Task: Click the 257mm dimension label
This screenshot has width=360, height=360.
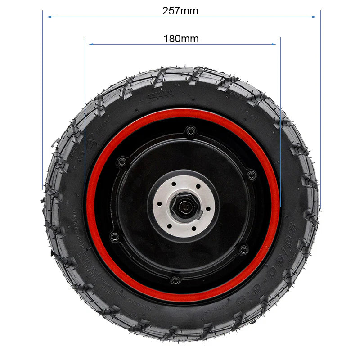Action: (180, 11)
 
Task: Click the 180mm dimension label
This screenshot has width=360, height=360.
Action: (181, 39)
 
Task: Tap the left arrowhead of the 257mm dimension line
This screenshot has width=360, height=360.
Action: (49, 17)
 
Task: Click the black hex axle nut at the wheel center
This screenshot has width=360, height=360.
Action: (185, 207)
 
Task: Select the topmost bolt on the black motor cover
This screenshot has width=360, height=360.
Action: (191, 131)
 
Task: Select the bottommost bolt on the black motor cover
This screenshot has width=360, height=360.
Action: (176, 280)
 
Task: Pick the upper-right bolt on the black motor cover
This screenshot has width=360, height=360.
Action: (252, 175)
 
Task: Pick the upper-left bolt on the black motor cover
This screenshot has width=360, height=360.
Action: (121, 162)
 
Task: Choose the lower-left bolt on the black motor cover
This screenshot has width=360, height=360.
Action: (115, 236)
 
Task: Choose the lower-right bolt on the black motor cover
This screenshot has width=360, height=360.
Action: (244, 249)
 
